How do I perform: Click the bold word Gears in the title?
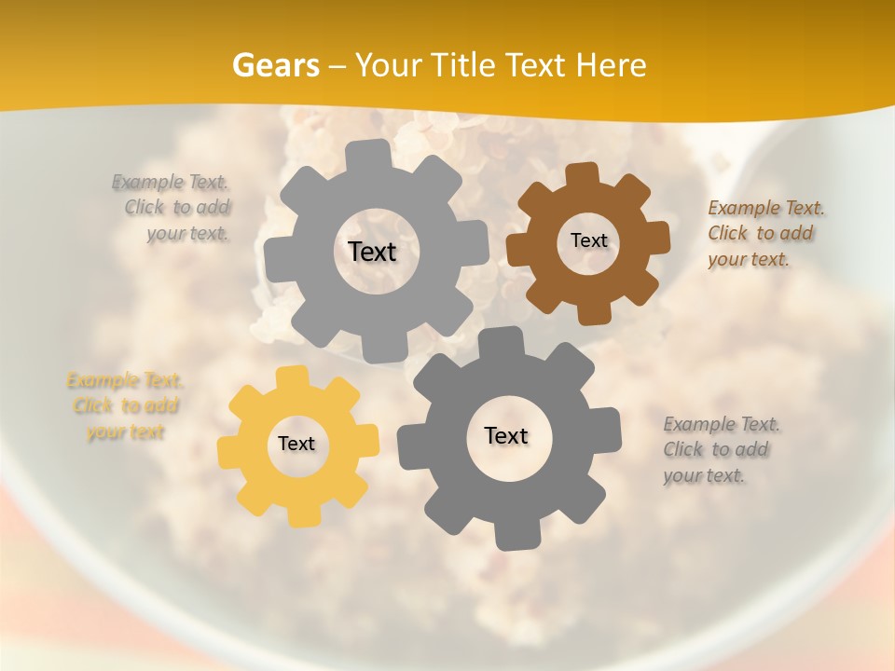click(275, 65)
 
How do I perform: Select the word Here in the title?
click(611, 65)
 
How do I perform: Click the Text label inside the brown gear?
click(588, 240)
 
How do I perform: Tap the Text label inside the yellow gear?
click(296, 444)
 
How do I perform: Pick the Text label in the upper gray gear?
click(372, 252)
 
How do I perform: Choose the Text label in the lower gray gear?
click(506, 435)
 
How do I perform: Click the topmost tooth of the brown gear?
click(582, 174)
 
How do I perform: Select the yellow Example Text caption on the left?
click(124, 406)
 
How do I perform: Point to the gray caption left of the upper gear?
click(173, 207)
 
